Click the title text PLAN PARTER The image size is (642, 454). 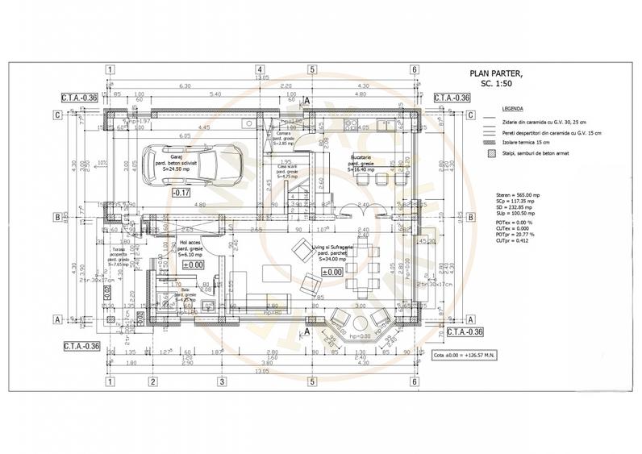(x=495, y=73)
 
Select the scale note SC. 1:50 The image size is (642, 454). (x=496, y=83)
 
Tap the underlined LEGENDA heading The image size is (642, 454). (x=512, y=108)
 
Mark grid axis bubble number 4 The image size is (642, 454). (x=261, y=69)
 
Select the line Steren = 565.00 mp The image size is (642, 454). (x=516, y=195)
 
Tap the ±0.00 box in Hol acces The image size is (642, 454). (x=194, y=264)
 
